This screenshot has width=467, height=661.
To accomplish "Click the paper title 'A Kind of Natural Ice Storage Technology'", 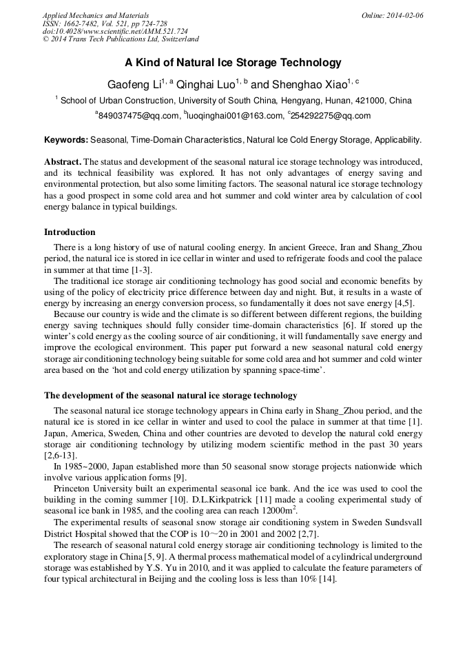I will pyautogui.click(x=233, y=63).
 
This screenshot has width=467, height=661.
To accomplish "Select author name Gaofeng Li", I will pyautogui.click(x=133, y=83).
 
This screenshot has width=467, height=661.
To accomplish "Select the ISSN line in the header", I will pyautogui.click(x=100, y=23).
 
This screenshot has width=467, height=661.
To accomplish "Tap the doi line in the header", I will pyautogui.click(x=114, y=32).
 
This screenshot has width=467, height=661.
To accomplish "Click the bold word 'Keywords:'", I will pyautogui.click(x=66, y=140).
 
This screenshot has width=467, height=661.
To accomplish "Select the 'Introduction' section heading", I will pyautogui.click(x=70, y=232).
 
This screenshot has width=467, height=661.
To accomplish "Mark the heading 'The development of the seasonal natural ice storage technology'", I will pyautogui.click(x=170, y=396).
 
